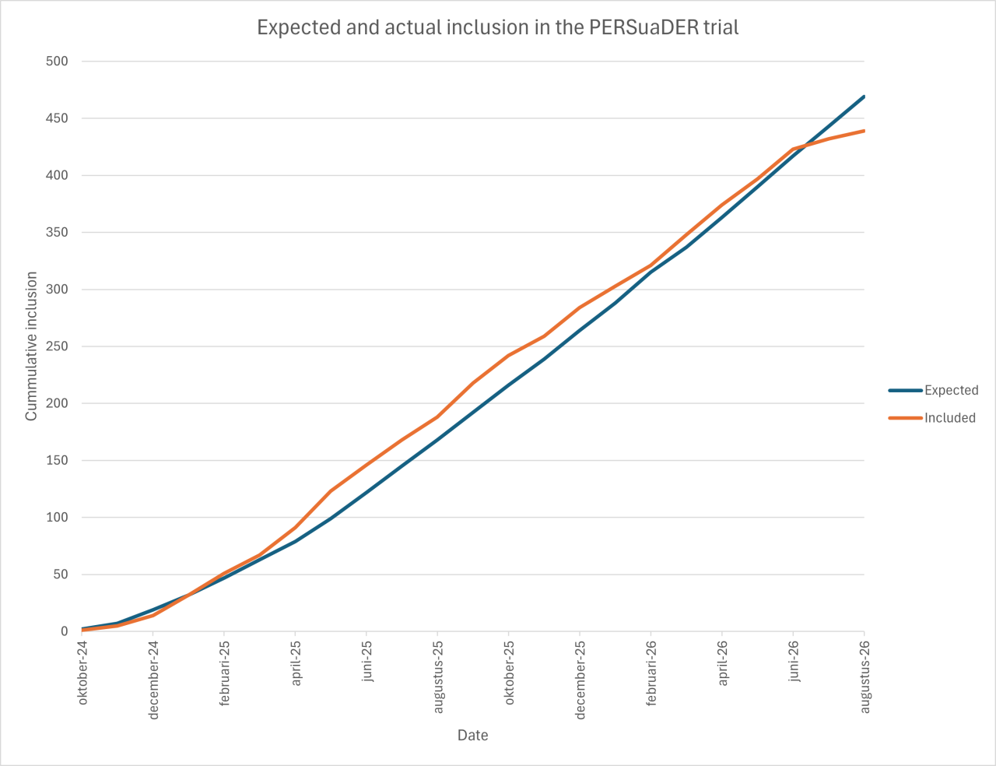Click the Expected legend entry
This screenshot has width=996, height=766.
tap(933, 390)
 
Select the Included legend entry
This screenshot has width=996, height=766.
tap(932, 417)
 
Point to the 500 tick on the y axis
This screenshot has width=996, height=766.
tap(57, 61)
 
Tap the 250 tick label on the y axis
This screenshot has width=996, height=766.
tap(57, 346)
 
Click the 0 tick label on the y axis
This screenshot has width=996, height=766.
tap(64, 631)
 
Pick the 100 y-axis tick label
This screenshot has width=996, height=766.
tap(57, 517)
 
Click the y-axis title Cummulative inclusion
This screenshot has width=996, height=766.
tap(31, 346)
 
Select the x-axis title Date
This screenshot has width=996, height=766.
tap(472, 735)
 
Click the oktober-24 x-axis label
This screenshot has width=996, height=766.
tap(82, 673)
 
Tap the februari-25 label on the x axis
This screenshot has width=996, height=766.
tap(224, 673)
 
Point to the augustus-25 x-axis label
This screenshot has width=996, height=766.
tap(438, 676)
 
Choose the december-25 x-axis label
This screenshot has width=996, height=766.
tap(580, 680)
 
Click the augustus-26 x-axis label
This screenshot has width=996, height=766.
tap(864, 676)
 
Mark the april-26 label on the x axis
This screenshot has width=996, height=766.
tap(722, 663)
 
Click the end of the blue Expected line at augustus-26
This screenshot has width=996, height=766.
tap(864, 97)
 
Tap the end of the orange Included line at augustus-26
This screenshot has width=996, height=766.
tap(864, 131)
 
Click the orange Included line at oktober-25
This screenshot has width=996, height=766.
tap(508, 355)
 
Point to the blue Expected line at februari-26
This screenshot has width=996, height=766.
tap(651, 272)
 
